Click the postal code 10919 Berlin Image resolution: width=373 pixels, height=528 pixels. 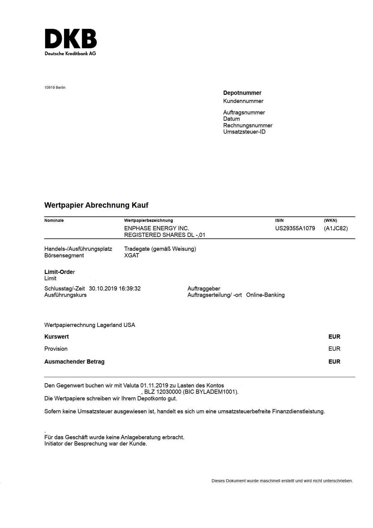click(55, 88)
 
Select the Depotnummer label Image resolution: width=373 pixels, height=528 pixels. click(242, 93)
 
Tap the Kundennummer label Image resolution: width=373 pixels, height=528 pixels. click(243, 101)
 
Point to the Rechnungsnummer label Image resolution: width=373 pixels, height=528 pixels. click(248, 126)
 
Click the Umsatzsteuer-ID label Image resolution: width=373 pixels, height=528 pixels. click(244, 132)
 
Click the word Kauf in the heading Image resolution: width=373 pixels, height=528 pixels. click(140, 205)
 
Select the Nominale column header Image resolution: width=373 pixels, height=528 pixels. click(54, 220)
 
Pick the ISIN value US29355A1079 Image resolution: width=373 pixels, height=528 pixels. click(295, 228)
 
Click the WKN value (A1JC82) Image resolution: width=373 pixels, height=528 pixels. click(336, 228)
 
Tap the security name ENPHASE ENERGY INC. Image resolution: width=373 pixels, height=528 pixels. click(157, 228)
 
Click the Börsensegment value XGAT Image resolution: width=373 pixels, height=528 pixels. click(132, 256)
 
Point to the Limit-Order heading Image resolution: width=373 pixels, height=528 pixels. click(60, 272)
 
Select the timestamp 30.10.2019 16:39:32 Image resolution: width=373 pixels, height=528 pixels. click(115, 289)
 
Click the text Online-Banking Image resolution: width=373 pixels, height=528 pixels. click(265, 295)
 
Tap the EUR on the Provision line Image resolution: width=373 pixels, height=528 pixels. click(334, 349)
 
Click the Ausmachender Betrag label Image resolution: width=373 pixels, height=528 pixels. click(74, 362)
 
